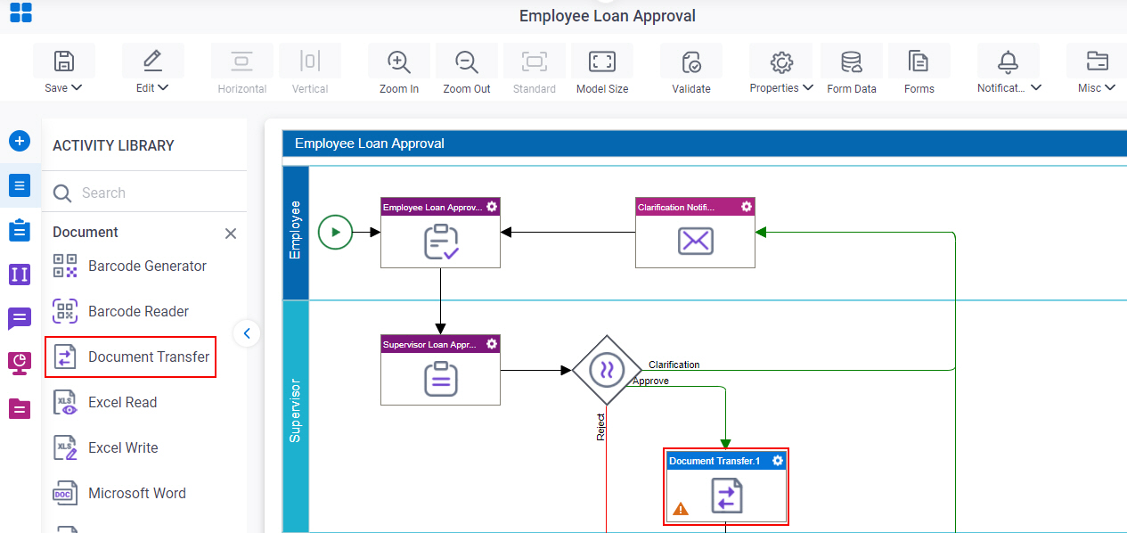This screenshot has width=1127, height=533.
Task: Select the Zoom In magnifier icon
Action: pyautogui.click(x=399, y=61)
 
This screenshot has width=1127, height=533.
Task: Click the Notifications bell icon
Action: pyautogui.click(x=1008, y=61)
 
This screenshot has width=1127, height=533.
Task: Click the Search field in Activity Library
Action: pyautogui.click(x=146, y=193)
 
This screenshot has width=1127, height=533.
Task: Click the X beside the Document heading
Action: pyautogui.click(x=231, y=234)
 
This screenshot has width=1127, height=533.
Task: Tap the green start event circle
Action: pyautogui.click(x=335, y=232)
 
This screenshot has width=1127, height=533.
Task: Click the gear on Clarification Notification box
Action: pyautogui.click(x=747, y=207)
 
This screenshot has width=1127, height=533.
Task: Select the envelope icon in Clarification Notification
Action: pyautogui.click(x=695, y=241)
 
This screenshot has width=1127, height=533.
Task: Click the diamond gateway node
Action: pyautogui.click(x=607, y=370)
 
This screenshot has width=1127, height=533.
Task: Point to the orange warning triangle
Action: pyautogui.click(x=681, y=509)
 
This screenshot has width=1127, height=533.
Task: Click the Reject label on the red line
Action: pyautogui.click(x=600, y=427)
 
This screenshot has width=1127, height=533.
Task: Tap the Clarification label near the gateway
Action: pyautogui.click(x=674, y=365)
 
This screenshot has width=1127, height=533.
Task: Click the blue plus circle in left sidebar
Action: pyautogui.click(x=20, y=141)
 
